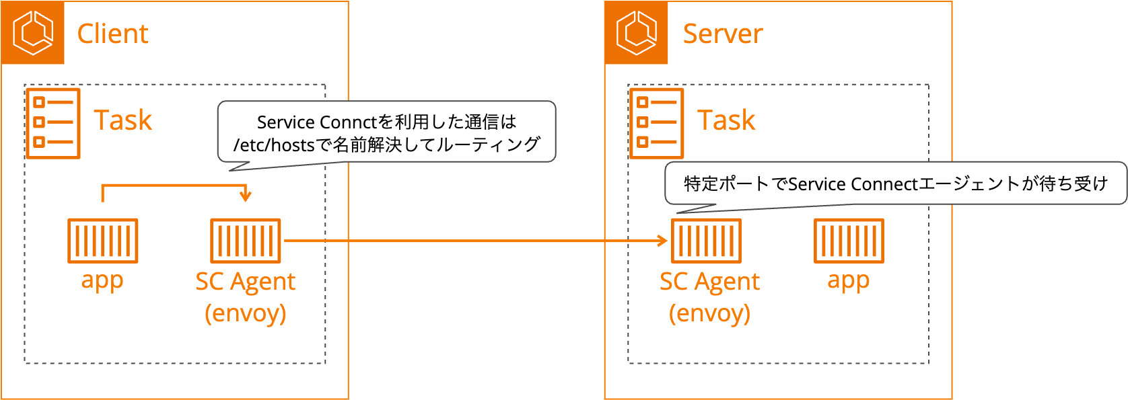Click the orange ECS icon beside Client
pos(32,32)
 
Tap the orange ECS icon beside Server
pos(636,32)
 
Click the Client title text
pos(112,34)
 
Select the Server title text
pos(723,34)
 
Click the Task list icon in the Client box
pos(53,123)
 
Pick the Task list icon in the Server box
pos(656,123)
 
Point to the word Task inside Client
pos(122,120)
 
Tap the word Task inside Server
pos(726,120)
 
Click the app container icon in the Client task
pos(102,241)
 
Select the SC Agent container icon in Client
pos(245,241)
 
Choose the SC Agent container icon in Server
pos(706,241)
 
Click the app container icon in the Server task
pos(849,241)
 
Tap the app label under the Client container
pos(102,280)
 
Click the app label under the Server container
pos(849,280)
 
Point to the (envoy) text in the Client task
pos(245,313)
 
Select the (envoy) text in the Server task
pos(709,313)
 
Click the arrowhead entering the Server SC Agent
pos(662,241)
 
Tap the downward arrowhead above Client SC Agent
pos(246,196)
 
